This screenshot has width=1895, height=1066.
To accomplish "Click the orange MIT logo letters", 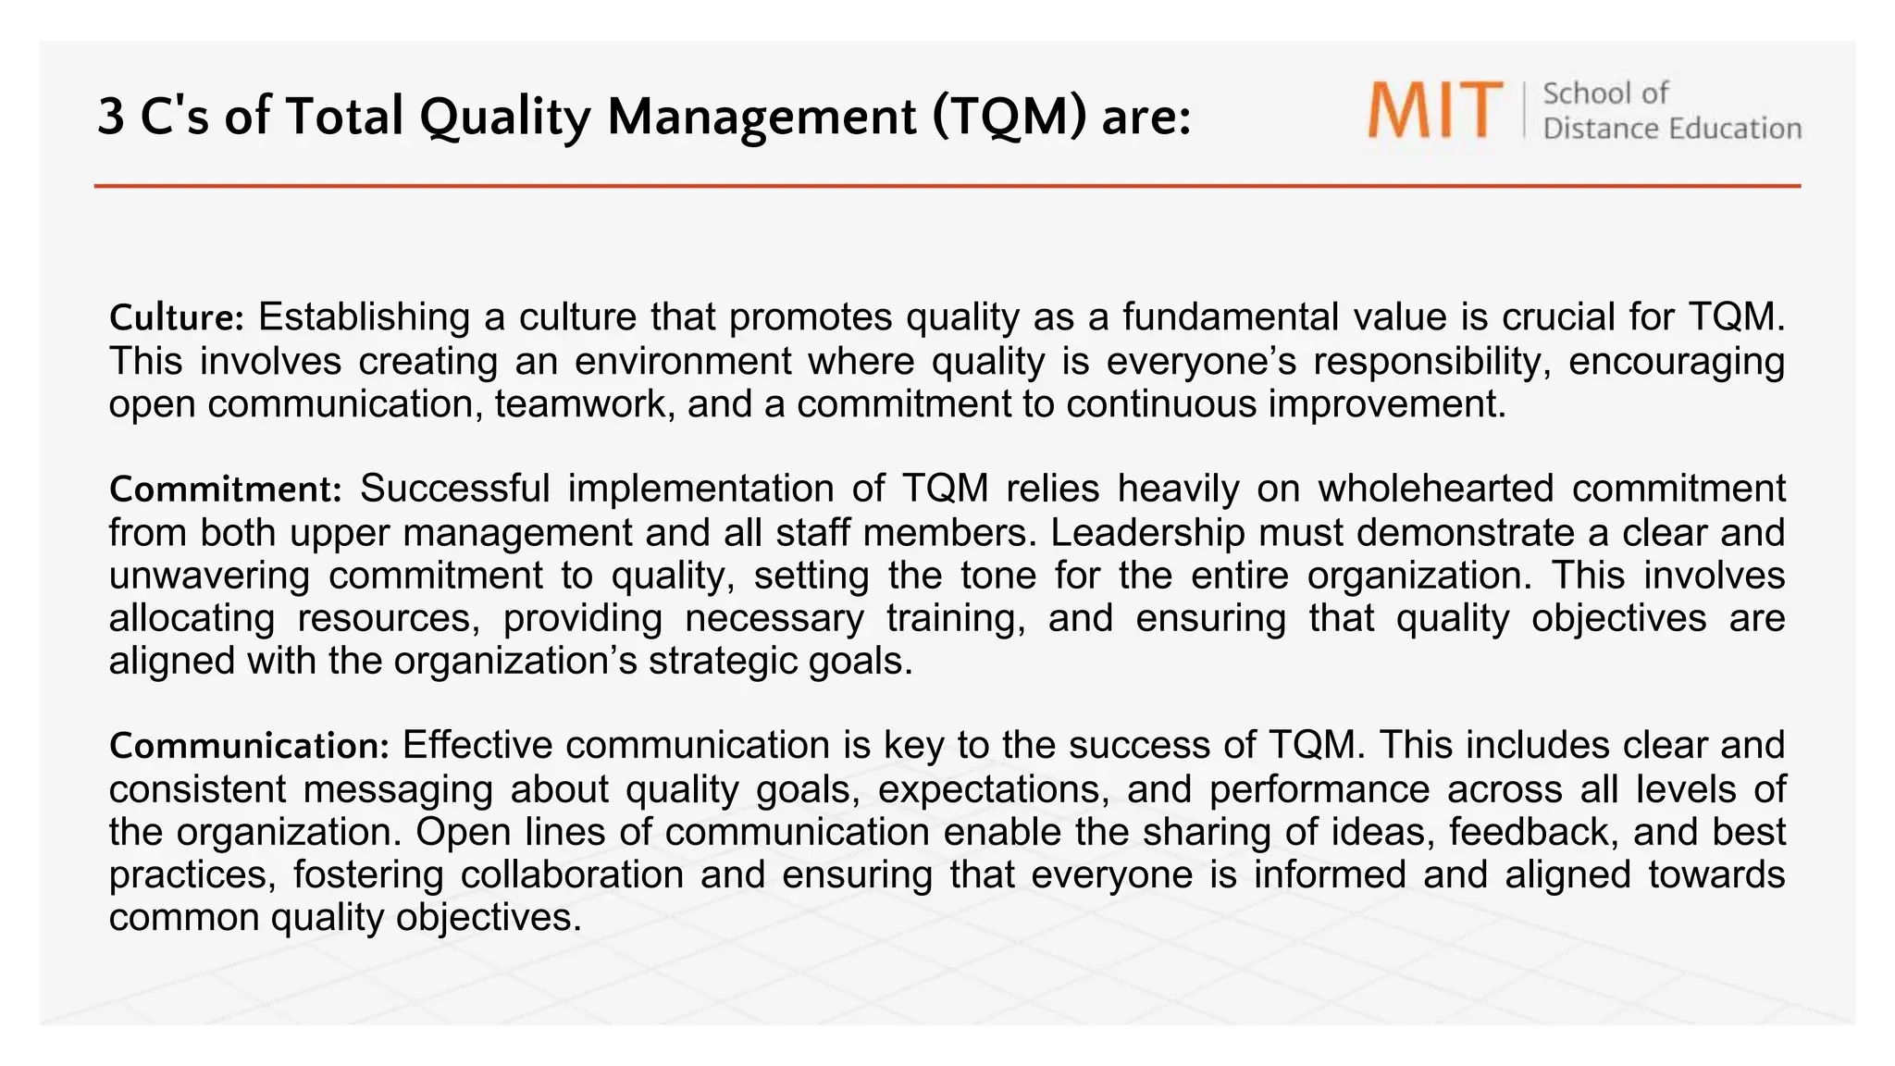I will click(1435, 110).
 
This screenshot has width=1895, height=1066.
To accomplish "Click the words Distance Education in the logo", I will click(1671, 129).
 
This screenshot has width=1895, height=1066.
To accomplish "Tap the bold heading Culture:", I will click(176, 318).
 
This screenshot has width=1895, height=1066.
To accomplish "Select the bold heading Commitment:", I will click(226, 490).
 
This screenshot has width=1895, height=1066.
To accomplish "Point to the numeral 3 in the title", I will click(110, 118).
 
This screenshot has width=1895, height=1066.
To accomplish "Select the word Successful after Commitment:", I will click(454, 489).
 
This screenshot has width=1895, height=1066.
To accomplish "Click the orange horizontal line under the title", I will click(947, 186).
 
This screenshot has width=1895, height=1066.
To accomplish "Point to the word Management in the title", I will click(762, 118).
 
